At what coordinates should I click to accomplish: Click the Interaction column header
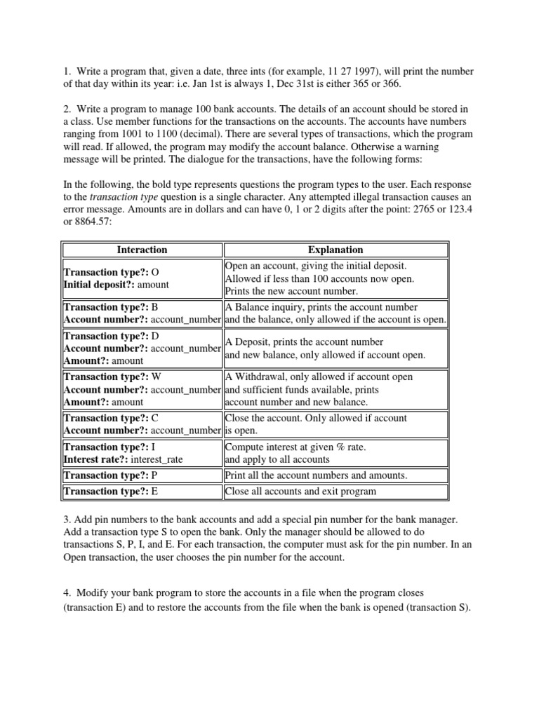click(x=142, y=250)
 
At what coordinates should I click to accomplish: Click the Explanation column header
click(x=335, y=250)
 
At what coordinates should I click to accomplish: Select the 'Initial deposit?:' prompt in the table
click(x=99, y=285)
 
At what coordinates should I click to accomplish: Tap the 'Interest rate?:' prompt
click(x=97, y=459)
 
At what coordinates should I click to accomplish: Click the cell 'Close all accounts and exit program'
click(x=300, y=491)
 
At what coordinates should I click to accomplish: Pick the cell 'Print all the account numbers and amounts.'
click(x=316, y=475)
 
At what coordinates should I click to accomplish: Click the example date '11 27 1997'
click(x=357, y=72)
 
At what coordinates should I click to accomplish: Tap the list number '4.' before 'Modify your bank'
click(x=67, y=592)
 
